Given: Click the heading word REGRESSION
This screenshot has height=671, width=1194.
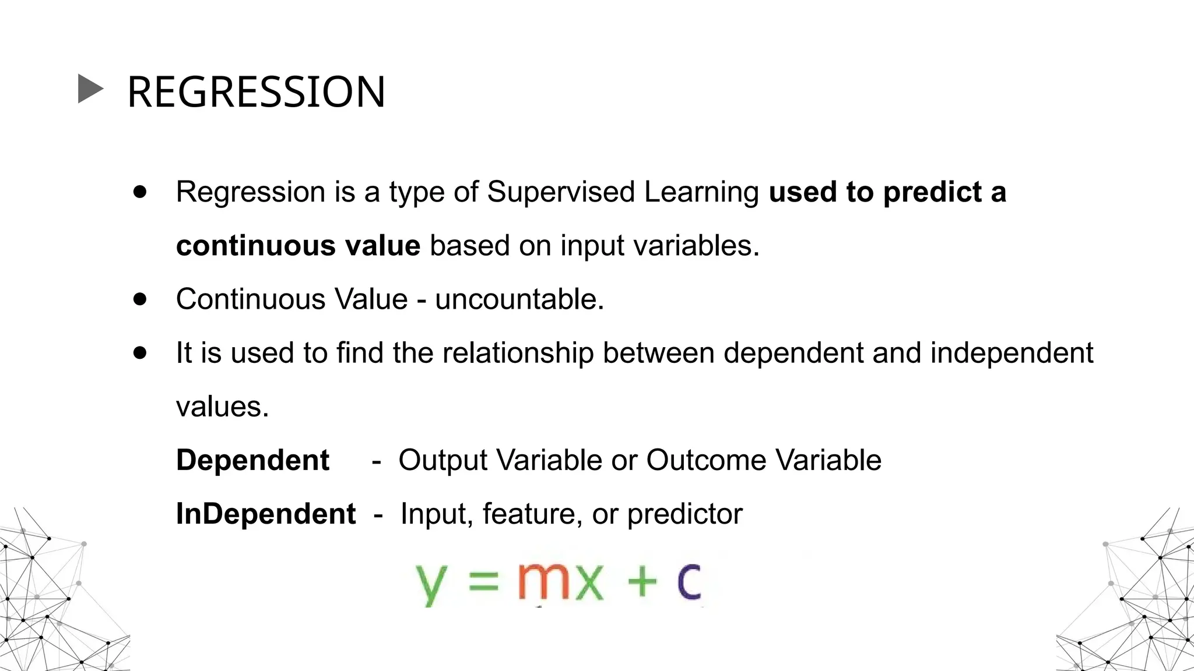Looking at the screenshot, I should (x=256, y=92).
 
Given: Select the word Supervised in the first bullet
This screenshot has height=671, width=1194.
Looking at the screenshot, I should (x=560, y=192).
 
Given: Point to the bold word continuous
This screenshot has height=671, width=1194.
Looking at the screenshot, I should (x=256, y=245).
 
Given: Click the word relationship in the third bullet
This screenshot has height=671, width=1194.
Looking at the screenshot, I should (x=518, y=354).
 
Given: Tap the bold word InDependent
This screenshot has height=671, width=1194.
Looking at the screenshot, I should (x=266, y=514).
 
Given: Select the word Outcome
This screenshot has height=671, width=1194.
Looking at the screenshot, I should (x=706, y=460).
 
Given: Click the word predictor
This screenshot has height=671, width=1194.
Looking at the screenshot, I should (x=684, y=514).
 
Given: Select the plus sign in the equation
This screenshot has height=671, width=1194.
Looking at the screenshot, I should (x=642, y=581).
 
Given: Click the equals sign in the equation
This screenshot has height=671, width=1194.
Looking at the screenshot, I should (x=484, y=581).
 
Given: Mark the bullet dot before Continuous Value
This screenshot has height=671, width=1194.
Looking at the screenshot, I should (x=140, y=299).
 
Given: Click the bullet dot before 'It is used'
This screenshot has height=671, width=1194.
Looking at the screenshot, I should (x=140, y=352).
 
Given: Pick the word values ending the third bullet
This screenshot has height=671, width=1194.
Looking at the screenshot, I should (x=222, y=407).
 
